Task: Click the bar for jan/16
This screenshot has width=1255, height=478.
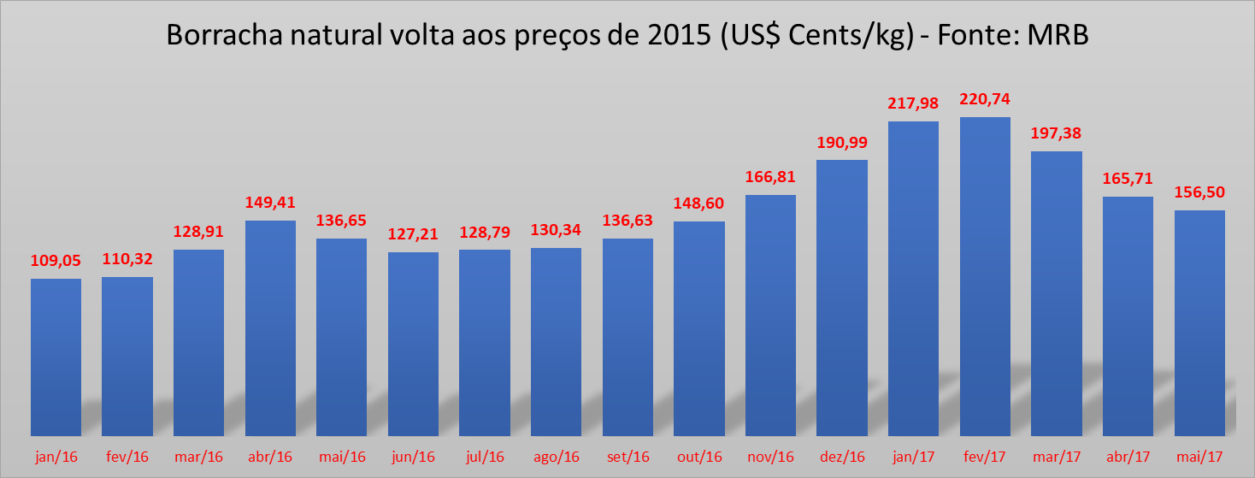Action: coord(56,357)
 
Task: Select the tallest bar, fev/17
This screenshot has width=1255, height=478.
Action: coord(985,276)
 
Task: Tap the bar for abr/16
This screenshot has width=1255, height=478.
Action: coord(271,328)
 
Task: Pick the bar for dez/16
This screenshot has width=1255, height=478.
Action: coord(842,298)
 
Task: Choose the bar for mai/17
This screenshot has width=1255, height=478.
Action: coord(1199,322)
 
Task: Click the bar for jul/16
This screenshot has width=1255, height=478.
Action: coord(485,342)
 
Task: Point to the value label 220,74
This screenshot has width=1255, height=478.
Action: coord(985,99)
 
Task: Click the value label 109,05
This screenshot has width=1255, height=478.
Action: coord(56,261)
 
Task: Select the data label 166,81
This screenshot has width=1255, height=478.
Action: coord(771,177)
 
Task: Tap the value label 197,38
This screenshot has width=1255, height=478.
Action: coord(1057,133)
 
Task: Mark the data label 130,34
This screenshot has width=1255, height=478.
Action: coord(557,230)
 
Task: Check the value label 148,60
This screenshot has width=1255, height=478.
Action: coord(699,204)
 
